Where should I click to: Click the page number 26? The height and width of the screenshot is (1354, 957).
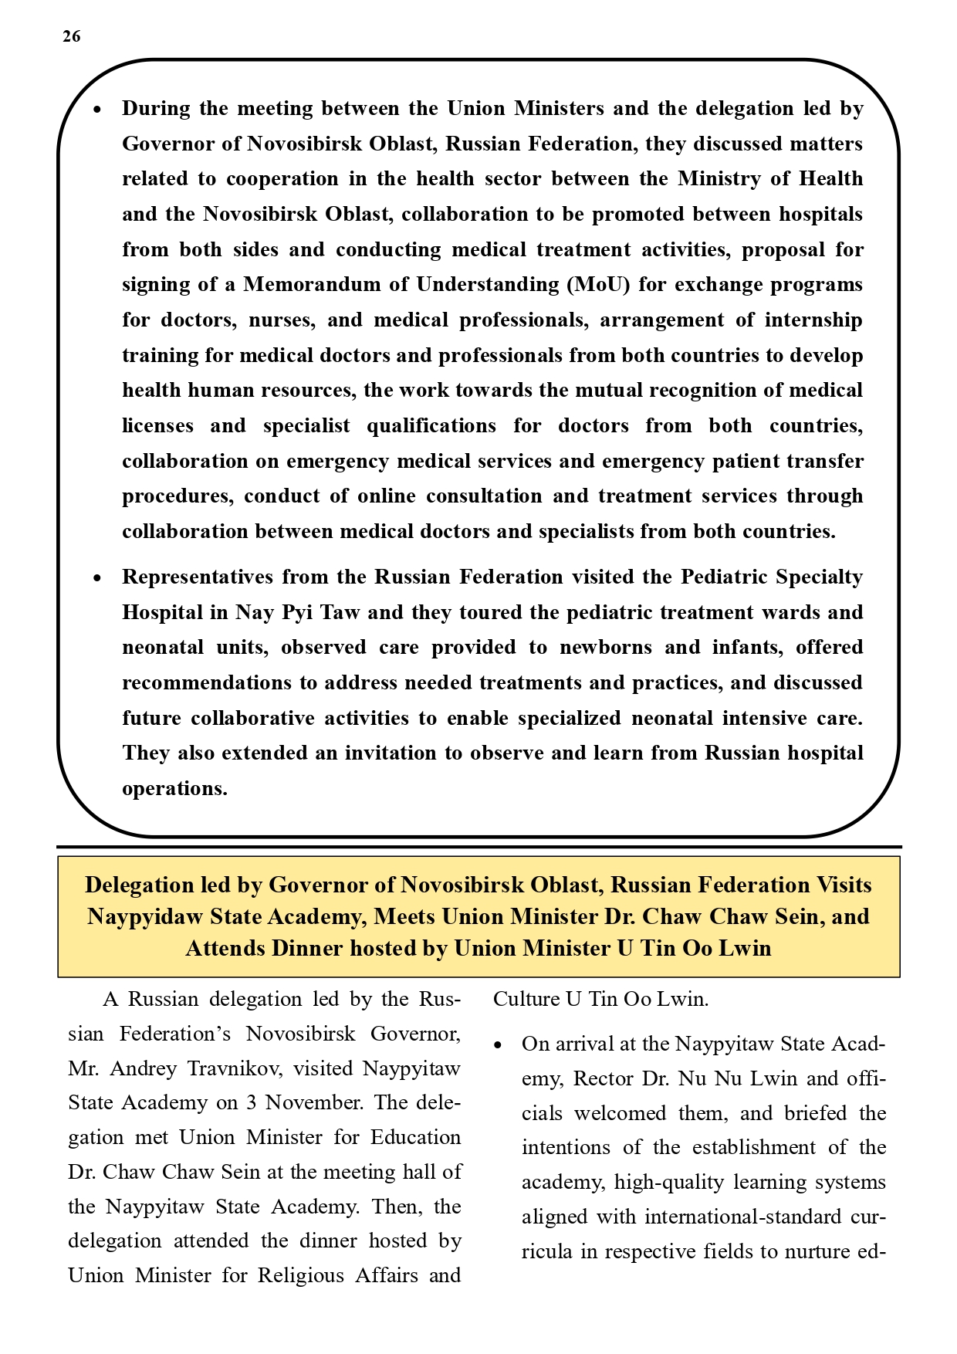click(x=71, y=36)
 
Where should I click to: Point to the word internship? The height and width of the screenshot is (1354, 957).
click(x=813, y=320)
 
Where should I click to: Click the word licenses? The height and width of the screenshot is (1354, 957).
click(x=157, y=426)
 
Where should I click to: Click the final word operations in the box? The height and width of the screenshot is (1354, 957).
click(x=174, y=789)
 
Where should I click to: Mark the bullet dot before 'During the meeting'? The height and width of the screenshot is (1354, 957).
click(x=97, y=110)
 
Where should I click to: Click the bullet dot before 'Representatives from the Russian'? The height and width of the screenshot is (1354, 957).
click(x=97, y=579)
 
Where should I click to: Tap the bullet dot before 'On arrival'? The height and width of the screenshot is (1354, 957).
click(x=498, y=1046)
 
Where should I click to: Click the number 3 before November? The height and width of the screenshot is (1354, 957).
click(x=251, y=1103)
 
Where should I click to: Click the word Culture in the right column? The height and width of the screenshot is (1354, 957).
click(x=526, y=1000)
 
